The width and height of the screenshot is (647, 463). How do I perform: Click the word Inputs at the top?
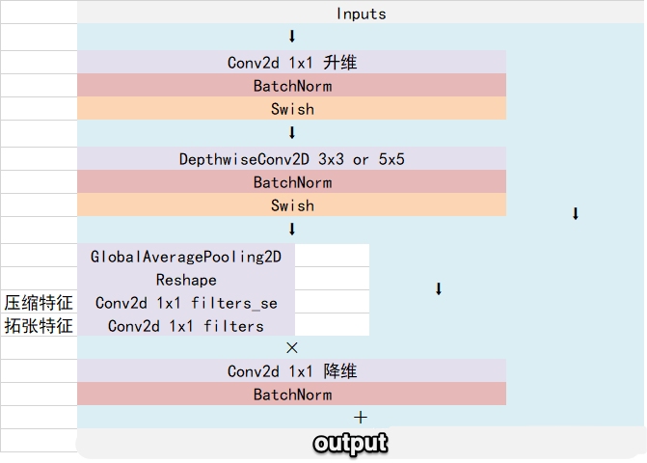click(362, 14)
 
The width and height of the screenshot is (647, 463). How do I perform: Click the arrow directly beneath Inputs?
click(292, 37)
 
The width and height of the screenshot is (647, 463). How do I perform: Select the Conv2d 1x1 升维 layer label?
click(292, 63)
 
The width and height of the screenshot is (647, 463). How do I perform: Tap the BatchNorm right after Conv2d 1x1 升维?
click(292, 86)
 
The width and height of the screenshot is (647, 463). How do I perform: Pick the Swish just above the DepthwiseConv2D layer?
click(292, 109)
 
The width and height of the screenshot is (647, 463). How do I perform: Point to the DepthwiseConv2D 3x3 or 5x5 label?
click(292, 159)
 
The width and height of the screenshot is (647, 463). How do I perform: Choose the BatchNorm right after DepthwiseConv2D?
click(292, 182)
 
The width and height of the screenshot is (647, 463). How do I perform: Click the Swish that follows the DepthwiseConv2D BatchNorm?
click(292, 205)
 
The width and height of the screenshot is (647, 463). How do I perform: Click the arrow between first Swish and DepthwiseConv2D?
click(292, 133)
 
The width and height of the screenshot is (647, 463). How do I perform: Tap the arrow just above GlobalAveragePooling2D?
click(292, 230)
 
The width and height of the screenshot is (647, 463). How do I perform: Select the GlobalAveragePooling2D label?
click(185, 257)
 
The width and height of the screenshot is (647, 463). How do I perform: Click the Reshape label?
click(185, 280)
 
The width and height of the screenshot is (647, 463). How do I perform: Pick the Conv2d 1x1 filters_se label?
click(185, 303)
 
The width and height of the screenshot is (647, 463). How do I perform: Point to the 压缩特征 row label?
click(39, 303)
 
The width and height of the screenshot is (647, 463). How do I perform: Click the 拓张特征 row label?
click(39, 326)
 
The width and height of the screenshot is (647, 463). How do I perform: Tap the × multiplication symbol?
click(292, 348)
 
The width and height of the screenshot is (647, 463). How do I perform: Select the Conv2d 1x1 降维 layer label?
click(292, 371)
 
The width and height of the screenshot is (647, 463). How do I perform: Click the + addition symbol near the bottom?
click(362, 418)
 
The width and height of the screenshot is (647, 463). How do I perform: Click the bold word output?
click(350, 443)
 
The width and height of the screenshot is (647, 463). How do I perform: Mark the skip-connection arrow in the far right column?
click(576, 214)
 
